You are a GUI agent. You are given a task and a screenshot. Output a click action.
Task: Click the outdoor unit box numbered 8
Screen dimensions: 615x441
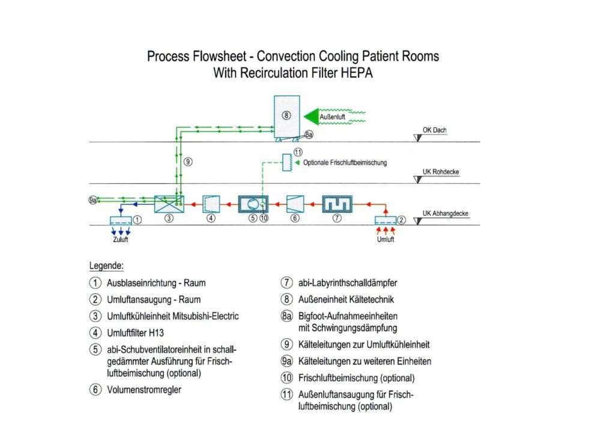click(x=286, y=116)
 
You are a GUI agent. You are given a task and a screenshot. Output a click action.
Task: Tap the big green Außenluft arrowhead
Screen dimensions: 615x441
click(x=312, y=116)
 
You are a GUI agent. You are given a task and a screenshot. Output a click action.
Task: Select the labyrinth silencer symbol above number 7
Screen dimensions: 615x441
click(x=338, y=204)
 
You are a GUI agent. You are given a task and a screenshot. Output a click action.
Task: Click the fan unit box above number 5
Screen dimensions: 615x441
click(x=253, y=204)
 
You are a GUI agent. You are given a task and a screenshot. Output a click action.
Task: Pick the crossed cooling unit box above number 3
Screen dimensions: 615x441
click(x=169, y=204)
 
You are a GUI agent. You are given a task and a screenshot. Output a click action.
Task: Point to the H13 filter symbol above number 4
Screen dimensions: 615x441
click(x=211, y=204)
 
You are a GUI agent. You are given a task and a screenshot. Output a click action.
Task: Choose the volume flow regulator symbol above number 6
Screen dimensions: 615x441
click(x=295, y=204)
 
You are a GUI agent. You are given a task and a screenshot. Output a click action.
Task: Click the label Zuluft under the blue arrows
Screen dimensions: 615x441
click(x=120, y=239)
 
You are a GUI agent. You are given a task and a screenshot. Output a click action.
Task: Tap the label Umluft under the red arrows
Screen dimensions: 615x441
click(x=386, y=239)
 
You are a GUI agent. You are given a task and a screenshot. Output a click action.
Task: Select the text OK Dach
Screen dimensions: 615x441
click(x=435, y=130)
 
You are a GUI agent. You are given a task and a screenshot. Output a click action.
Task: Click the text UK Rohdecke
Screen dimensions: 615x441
click(x=440, y=172)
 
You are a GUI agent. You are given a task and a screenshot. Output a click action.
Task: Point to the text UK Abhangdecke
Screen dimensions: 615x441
click(x=445, y=213)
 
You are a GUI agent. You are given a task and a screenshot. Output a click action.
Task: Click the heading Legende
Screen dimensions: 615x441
click(x=106, y=266)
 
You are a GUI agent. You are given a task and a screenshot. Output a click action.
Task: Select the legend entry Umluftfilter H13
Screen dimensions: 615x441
click(x=135, y=333)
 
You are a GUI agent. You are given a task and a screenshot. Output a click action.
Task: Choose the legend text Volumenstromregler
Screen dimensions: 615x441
click(x=144, y=390)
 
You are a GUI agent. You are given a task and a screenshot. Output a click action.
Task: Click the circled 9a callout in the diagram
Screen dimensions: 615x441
click(x=92, y=200)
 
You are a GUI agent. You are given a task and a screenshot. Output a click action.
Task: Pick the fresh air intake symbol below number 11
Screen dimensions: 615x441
click(x=288, y=162)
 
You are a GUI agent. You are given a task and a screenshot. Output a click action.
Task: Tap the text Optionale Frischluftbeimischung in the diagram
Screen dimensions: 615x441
click(x=345, y=162)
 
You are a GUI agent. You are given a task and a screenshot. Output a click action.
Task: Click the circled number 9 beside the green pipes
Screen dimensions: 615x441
click(x=188, y=162)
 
